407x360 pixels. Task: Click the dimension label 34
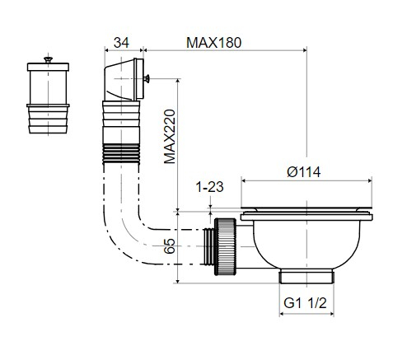coord(121,43)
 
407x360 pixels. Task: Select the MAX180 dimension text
coord(213,43)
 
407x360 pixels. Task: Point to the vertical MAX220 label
coord(170,137)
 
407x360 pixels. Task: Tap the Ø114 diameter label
coord(304,172)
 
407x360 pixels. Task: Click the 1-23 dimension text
coord(209,187)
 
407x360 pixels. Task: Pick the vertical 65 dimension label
coord(169,246)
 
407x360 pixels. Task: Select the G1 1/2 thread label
coord(305,303)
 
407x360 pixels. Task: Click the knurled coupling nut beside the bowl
coord(225,246)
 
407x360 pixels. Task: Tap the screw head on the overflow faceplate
coord(147,79)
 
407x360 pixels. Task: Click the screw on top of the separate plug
coord(49,59)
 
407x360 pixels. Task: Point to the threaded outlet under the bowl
coord(306,276)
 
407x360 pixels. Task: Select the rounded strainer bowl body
coord(306,244)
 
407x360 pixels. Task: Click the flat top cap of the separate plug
coord(48,67)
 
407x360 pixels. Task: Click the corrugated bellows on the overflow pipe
coord(121,154)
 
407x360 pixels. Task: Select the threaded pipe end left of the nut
coord(209,246)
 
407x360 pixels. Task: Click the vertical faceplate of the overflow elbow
coord(140,79)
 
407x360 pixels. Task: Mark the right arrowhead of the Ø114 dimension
coord(370,180)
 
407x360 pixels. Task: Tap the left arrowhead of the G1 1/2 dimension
coord(282,314)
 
